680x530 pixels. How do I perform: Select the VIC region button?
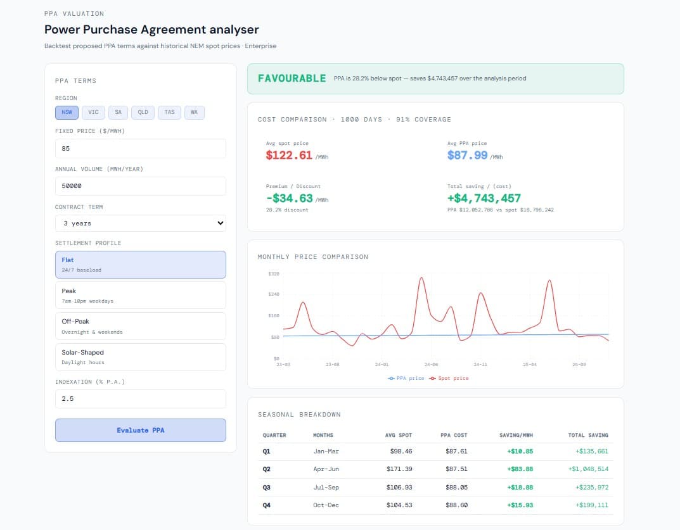(93, 112)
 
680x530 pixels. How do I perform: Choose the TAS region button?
(169, 112)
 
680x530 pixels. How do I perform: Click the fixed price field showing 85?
(140, 149)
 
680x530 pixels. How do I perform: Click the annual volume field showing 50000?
(140, 186)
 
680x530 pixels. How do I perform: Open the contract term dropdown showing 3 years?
(140, 223)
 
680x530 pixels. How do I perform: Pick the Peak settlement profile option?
(140, 295)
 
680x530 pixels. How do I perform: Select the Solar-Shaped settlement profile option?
(140, 356)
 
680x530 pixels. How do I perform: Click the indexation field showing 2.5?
(140, 399)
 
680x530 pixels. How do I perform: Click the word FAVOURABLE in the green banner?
(292, 79)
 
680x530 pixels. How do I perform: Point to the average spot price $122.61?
(289, 155)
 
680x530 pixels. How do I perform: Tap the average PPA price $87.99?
(468, 155)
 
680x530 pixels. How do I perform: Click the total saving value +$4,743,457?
(484, 198)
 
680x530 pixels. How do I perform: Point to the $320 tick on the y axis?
(274, 274)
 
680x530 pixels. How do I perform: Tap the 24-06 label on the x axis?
(431, 365)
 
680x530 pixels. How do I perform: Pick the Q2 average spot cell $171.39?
(399, 469)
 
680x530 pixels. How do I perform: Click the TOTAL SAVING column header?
(588, 435)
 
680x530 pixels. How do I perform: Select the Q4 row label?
(267, 505)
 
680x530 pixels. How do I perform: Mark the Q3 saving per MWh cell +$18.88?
(520, 487)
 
